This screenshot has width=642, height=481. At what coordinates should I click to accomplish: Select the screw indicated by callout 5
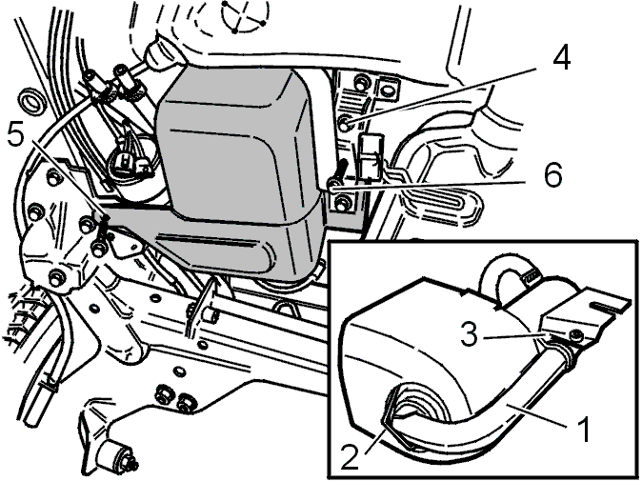coord(103,229)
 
